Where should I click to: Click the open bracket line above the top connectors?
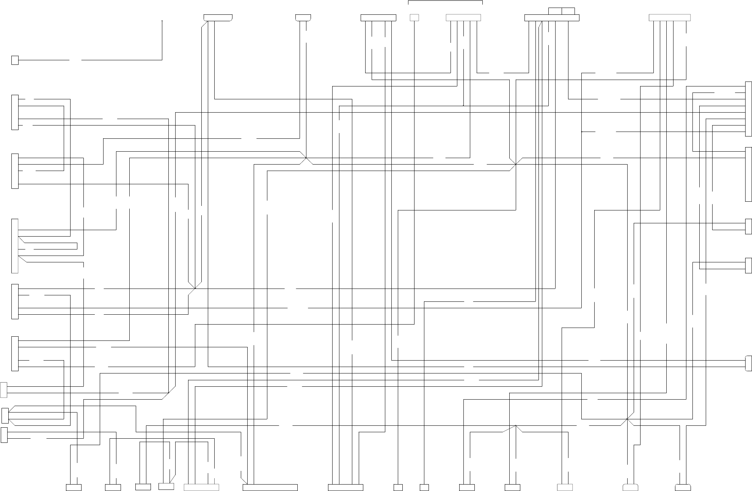pyautogui.click(x=445, y=1)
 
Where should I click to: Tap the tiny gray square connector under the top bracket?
pyautogui.click(x=414, y=18)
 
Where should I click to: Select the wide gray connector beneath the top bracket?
pyautogui.click(x=463, y=18)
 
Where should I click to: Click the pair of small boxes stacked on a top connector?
pyautogui.click(x=562, y=11)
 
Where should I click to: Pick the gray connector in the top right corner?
pyautogui.click(x=670, y=18)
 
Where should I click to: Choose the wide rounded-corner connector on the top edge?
pyautogui.click(x=218, y=18)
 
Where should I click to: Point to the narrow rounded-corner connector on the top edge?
pyautogui.click(x=303, y=18)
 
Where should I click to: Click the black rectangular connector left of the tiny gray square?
pyautogui.click(x=378, y=18)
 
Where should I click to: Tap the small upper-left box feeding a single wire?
pyautogui.click(x=15, y=60)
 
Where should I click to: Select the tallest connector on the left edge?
pyautogui.click(x=15, y=246)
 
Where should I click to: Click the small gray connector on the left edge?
pyautogui.click(x=4, y=390)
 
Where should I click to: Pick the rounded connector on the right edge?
pyautogui.click(x=749, y=363)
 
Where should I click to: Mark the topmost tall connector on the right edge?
pyautogui.click(x=749, y=109)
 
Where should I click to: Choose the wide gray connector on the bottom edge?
pyautogui.click(x=201, y=488)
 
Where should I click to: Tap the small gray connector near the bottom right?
pyautogui.click(x=565, y=488)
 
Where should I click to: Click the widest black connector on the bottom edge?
pyautogui.click(x=270, y=488)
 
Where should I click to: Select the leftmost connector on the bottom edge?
pyautogui.click(x=74, y=488)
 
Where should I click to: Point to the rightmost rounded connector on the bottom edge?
pyautogui.click(x=683, y=488)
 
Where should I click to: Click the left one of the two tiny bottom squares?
pyautogui.click(x=398, y=488)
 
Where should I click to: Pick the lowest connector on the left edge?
pyautogui.click(x=4, y=435)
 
